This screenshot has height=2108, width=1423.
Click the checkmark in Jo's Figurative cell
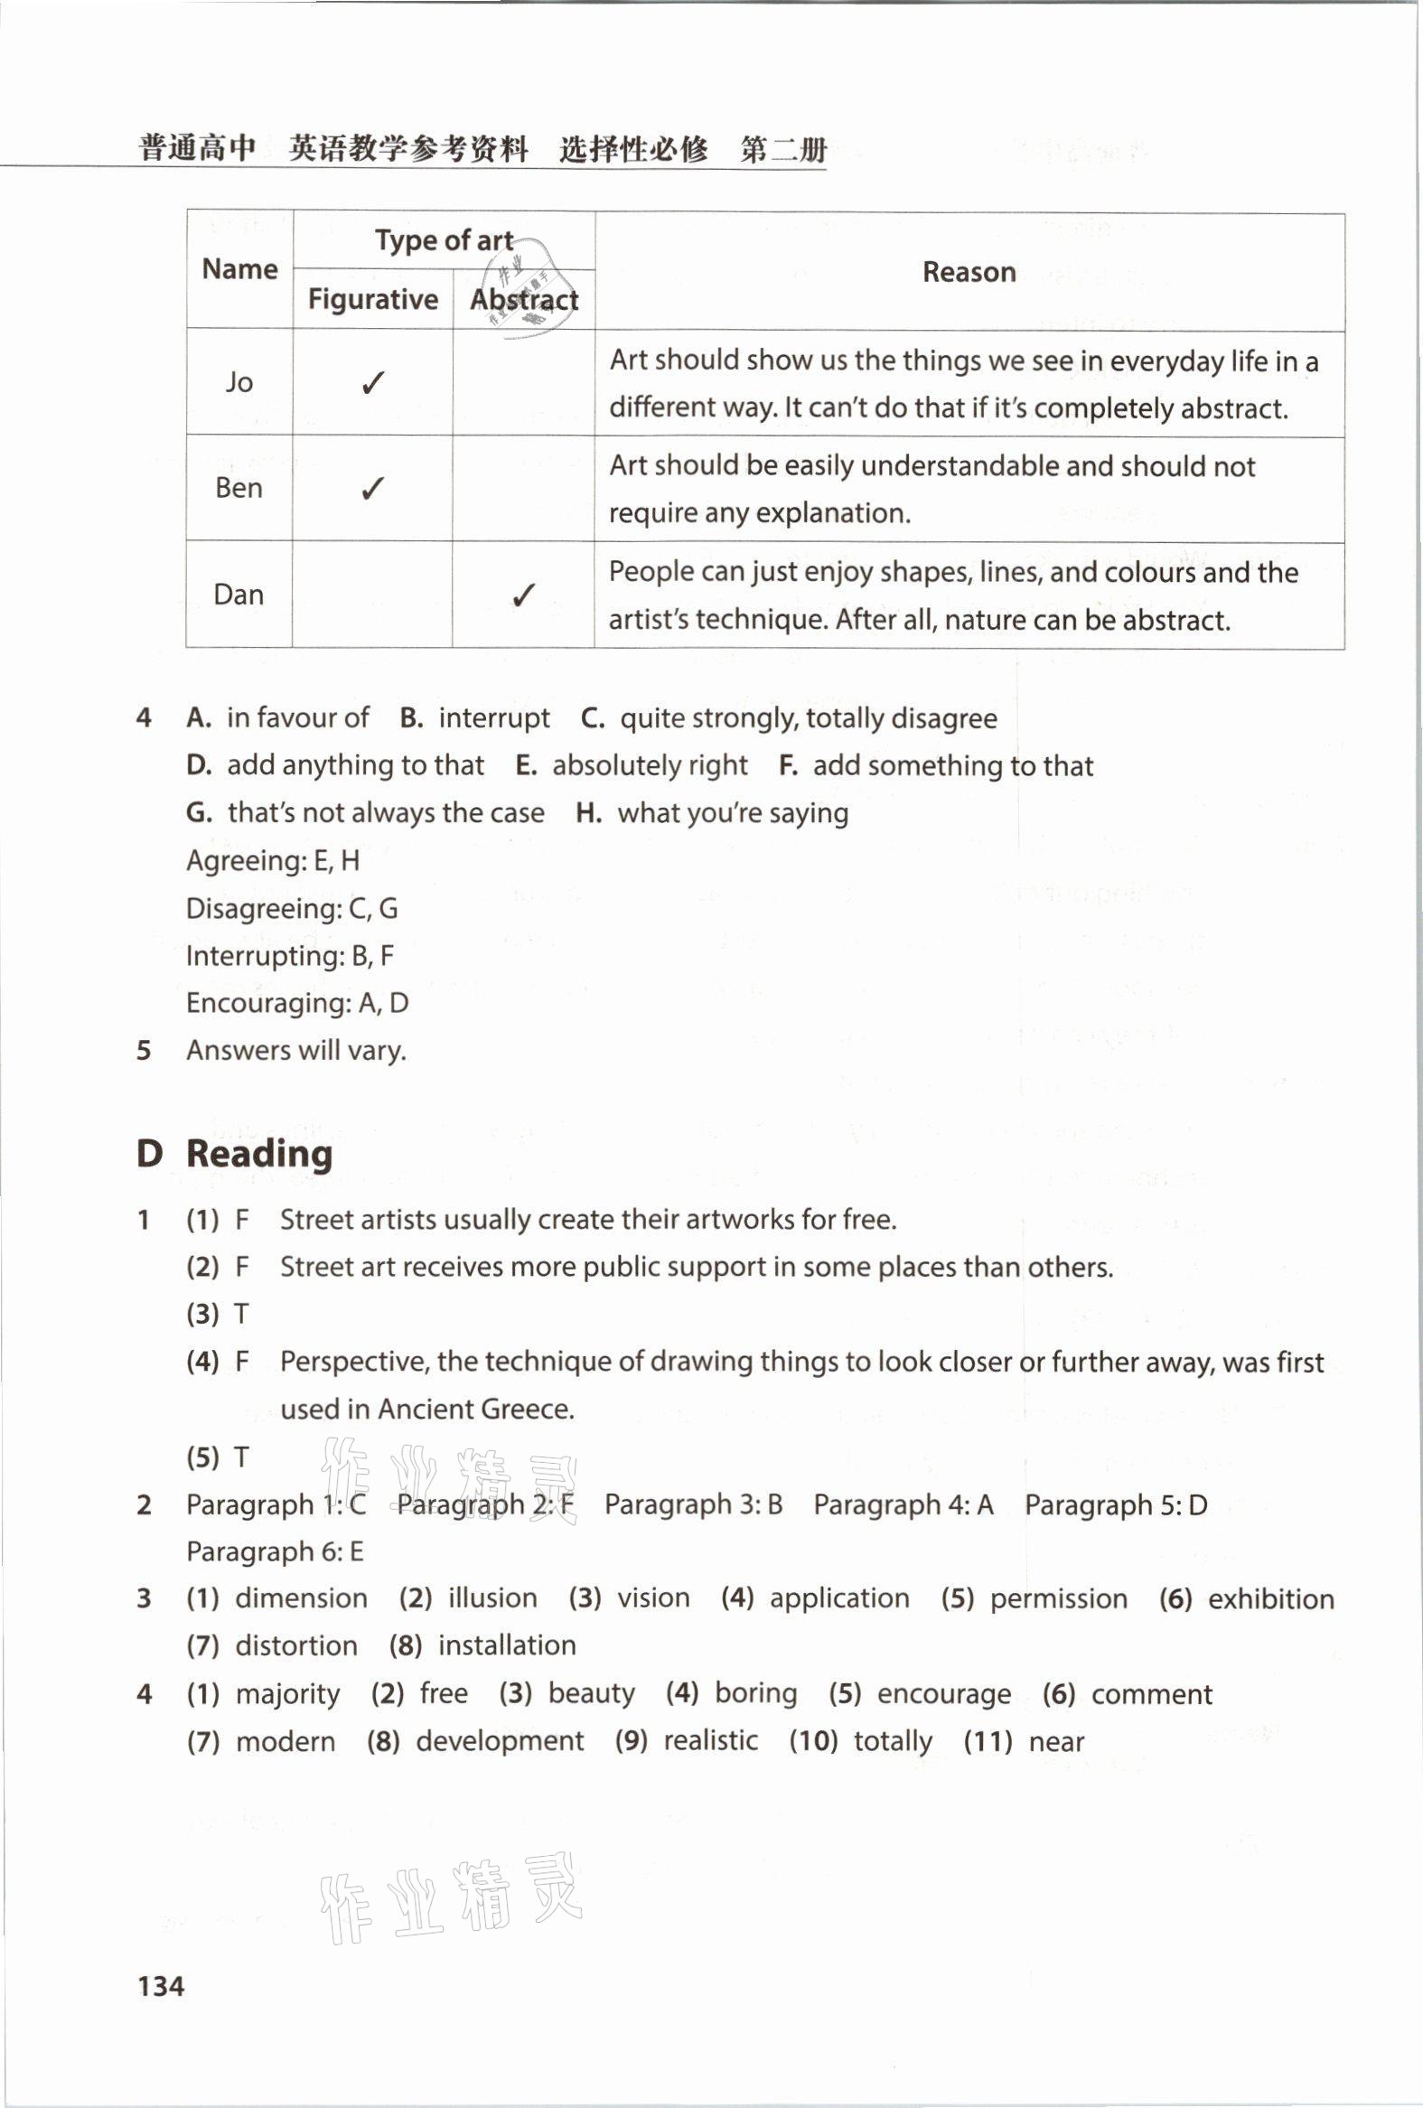373,383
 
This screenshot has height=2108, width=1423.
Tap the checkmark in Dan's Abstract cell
523,595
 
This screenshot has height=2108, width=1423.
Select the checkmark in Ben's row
373,489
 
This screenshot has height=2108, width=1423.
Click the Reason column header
969,272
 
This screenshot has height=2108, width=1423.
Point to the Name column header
239,269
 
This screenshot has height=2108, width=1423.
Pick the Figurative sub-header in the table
373,299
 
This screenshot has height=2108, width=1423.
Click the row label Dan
239,595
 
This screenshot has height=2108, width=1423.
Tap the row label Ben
239,489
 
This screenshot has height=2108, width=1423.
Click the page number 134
161,1985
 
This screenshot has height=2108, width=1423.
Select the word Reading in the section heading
259,1154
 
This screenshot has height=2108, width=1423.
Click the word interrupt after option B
494,718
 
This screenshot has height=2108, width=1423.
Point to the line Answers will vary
295,1050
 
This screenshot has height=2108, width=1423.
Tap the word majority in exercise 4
287,1693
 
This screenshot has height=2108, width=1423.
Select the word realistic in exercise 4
711,1740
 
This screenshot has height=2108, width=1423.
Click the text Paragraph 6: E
275,1551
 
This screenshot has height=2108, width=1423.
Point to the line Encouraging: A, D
297,1003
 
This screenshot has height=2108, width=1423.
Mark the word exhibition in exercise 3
1270,1598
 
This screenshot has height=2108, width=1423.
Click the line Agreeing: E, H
273,861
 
